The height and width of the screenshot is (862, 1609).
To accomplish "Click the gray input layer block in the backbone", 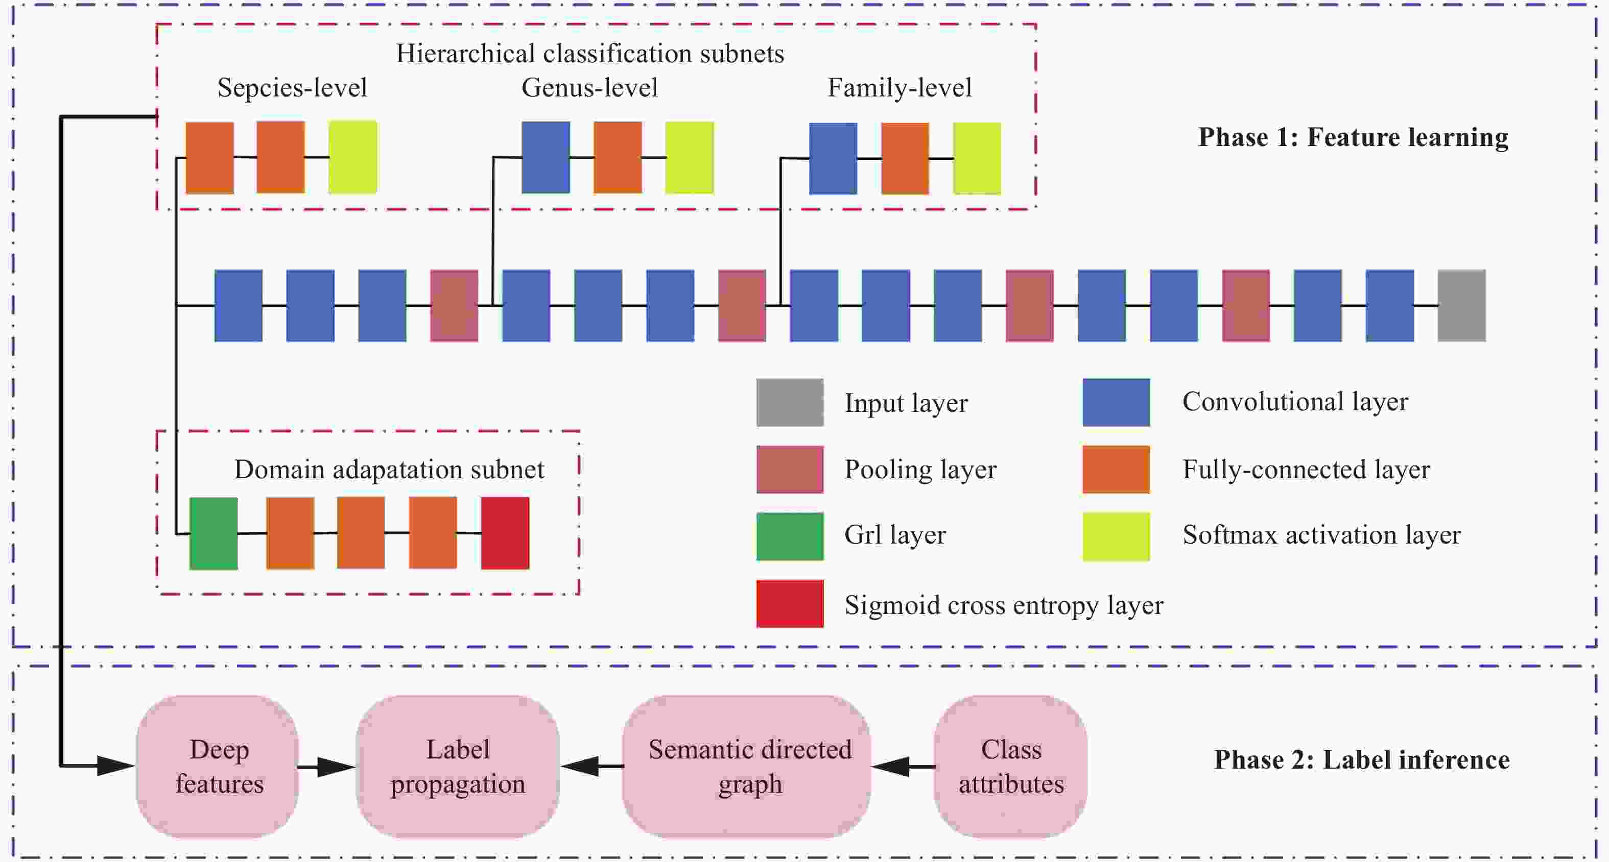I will [1461, 305].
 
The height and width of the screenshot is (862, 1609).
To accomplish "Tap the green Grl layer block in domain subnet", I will [214, 533].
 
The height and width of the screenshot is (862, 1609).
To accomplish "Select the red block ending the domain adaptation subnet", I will [505, 533].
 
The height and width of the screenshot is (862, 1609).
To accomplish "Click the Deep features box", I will [218, 766].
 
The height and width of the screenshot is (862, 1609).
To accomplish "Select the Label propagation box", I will [457, 766].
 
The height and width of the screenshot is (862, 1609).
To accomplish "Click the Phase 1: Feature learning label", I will [1352, 137].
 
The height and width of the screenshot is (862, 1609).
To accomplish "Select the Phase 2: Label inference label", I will [1361, 759].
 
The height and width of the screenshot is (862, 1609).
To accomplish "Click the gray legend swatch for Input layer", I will [790, 403].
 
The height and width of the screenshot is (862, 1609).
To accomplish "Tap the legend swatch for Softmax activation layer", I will [1116, 536].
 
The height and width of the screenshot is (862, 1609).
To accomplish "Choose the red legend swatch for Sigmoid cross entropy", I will [790, 604].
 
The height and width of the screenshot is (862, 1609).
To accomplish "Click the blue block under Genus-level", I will [546, 157].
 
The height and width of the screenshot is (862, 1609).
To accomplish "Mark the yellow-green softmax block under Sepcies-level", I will [352, 157].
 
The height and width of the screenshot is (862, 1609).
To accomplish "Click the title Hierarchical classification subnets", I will [589, 54].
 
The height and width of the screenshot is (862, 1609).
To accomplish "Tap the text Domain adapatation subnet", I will [389, 470].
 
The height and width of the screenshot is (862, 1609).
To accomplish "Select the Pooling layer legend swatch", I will [790, 470].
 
